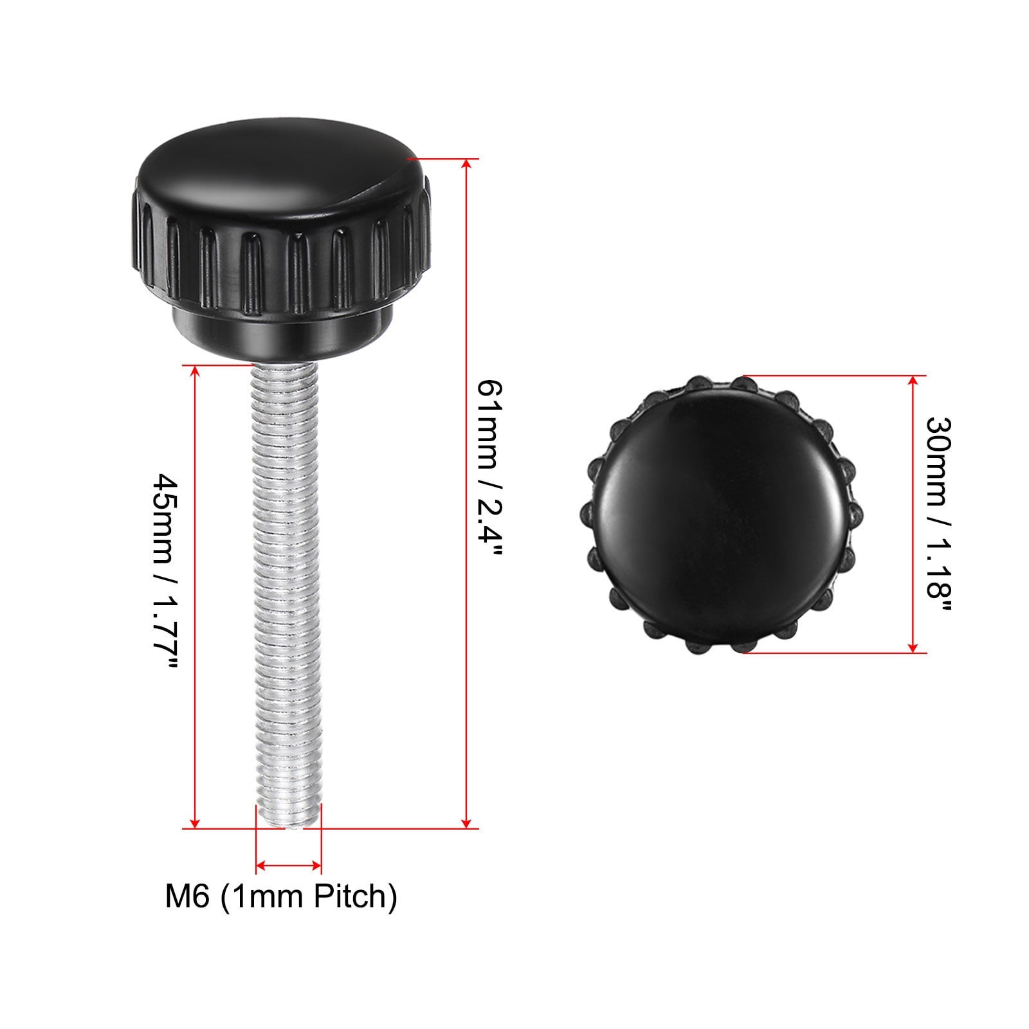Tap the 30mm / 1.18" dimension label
pyautogui.click(x=938, y=515)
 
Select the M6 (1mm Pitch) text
pyautogui.click(x=282, y=897)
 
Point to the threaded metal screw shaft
pyautogui.click(x=287, y=595)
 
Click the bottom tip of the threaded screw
pyautogui.click(x=290, y=828)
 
